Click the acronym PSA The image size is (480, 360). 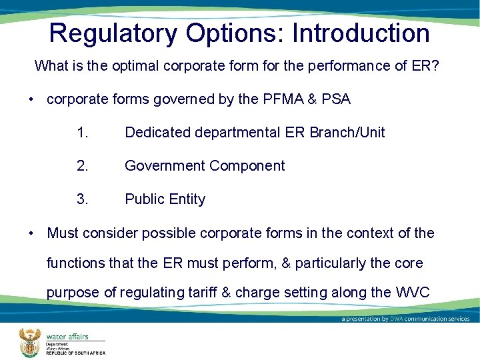[x=335, y=99]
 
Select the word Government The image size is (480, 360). [x=165, y=166]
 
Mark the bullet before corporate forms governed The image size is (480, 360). [x=31, y=100]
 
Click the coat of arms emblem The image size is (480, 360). [x=29, y=342]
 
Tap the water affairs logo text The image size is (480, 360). [x=67, y=337]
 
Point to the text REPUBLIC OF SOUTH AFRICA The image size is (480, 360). [x=75, y=353]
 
